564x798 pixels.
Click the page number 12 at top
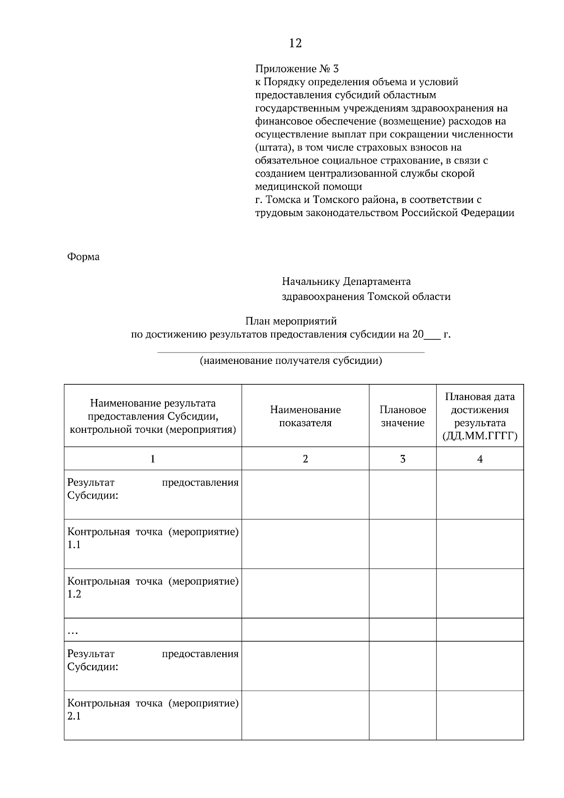[295, 44]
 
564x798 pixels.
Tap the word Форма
[83, 257]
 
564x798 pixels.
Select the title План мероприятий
[291, 321]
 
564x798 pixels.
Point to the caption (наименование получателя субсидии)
[290, 361]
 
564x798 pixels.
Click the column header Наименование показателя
[305, 416]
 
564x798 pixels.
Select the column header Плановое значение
[402, 416]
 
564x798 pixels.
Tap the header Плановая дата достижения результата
[479, 416]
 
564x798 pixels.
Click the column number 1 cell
[153, 459]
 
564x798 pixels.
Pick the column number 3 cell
[402, 459]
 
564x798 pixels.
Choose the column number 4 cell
[479, 459]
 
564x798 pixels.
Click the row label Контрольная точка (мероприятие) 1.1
[153, 538]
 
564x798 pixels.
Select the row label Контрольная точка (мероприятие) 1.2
[153, 587]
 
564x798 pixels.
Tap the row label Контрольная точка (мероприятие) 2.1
[153, 710]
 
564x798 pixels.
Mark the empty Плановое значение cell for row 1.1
[402, 544]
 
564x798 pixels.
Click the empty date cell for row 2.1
[479, 715]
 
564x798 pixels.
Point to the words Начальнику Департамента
[346, 282]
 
